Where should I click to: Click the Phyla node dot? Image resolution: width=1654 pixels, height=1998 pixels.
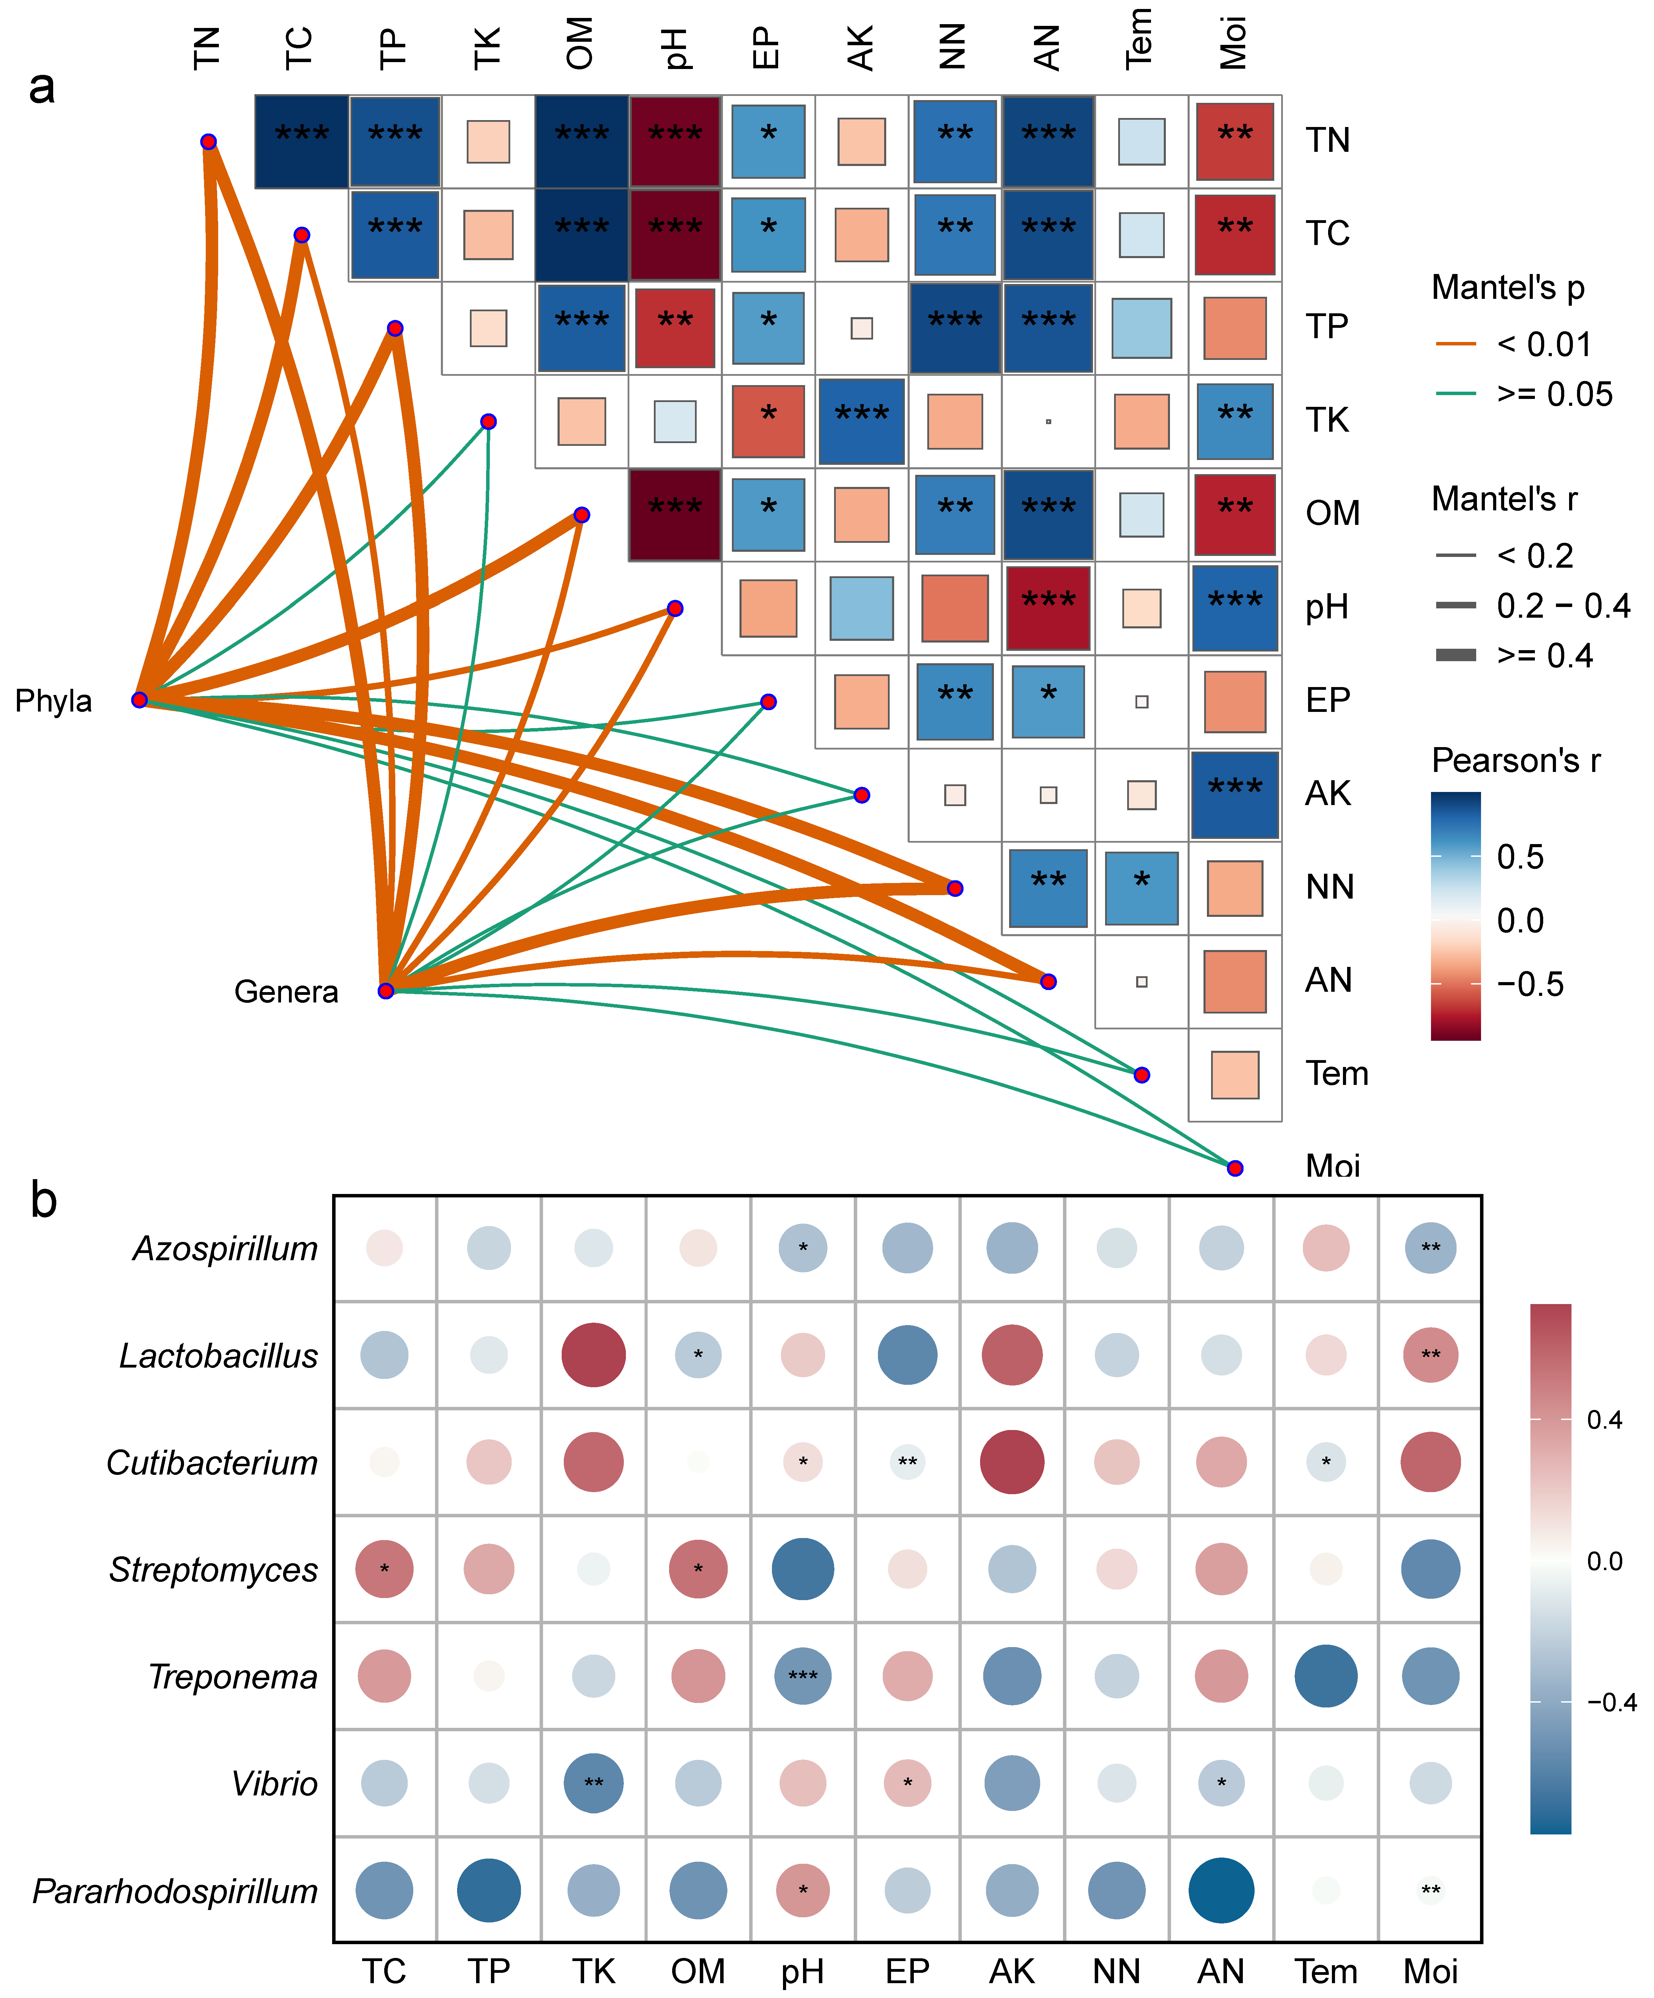(x=140, y=700)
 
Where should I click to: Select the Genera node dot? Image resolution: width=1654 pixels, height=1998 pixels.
(x=385, y=991)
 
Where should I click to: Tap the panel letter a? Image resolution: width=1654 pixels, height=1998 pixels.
(x=42, y=88)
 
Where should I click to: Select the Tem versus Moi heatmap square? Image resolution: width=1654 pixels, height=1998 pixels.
(x=1235, y=1075)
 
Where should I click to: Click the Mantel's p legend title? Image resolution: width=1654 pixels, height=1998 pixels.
(x=1507, y=287)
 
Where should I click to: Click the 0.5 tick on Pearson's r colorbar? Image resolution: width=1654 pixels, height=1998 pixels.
(x=1520, y=856)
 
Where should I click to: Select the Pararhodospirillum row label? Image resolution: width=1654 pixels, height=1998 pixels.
(x=175, y=1890)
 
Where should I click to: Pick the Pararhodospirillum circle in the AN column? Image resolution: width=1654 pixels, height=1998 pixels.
(x=1221, y=1890)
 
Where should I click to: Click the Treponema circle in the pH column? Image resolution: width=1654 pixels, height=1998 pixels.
(x=802, y=1676)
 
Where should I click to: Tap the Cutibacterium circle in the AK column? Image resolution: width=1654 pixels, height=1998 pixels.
(x=1012, y=1462)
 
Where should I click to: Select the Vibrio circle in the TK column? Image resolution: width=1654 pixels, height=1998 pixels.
(x=593, y=1783)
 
